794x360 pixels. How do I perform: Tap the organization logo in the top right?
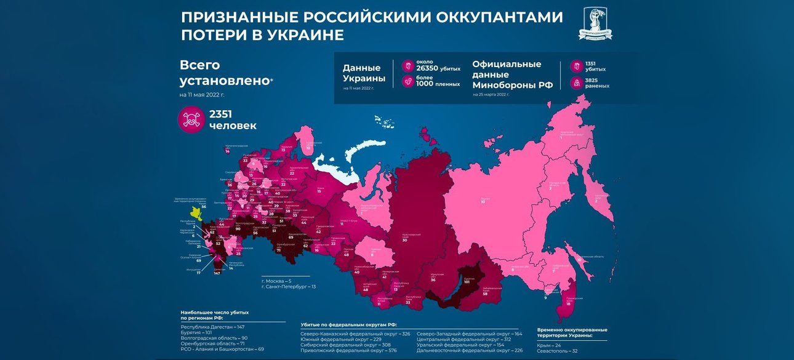pos(595,25)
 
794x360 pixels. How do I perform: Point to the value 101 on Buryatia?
pos(467,282)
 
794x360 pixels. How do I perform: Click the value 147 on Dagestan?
pos(217,273)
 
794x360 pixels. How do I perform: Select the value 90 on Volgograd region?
pos(238,229)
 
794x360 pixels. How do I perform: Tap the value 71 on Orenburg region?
pos(278,250)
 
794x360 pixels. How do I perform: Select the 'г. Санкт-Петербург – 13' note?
pos(288,287)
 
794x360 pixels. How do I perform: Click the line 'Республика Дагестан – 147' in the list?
pos(212,327)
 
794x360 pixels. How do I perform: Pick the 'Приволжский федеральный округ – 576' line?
pos(348,350)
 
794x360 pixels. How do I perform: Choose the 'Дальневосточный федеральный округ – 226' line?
pos(471,350)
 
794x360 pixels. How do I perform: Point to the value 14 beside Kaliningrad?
pos(227,151)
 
